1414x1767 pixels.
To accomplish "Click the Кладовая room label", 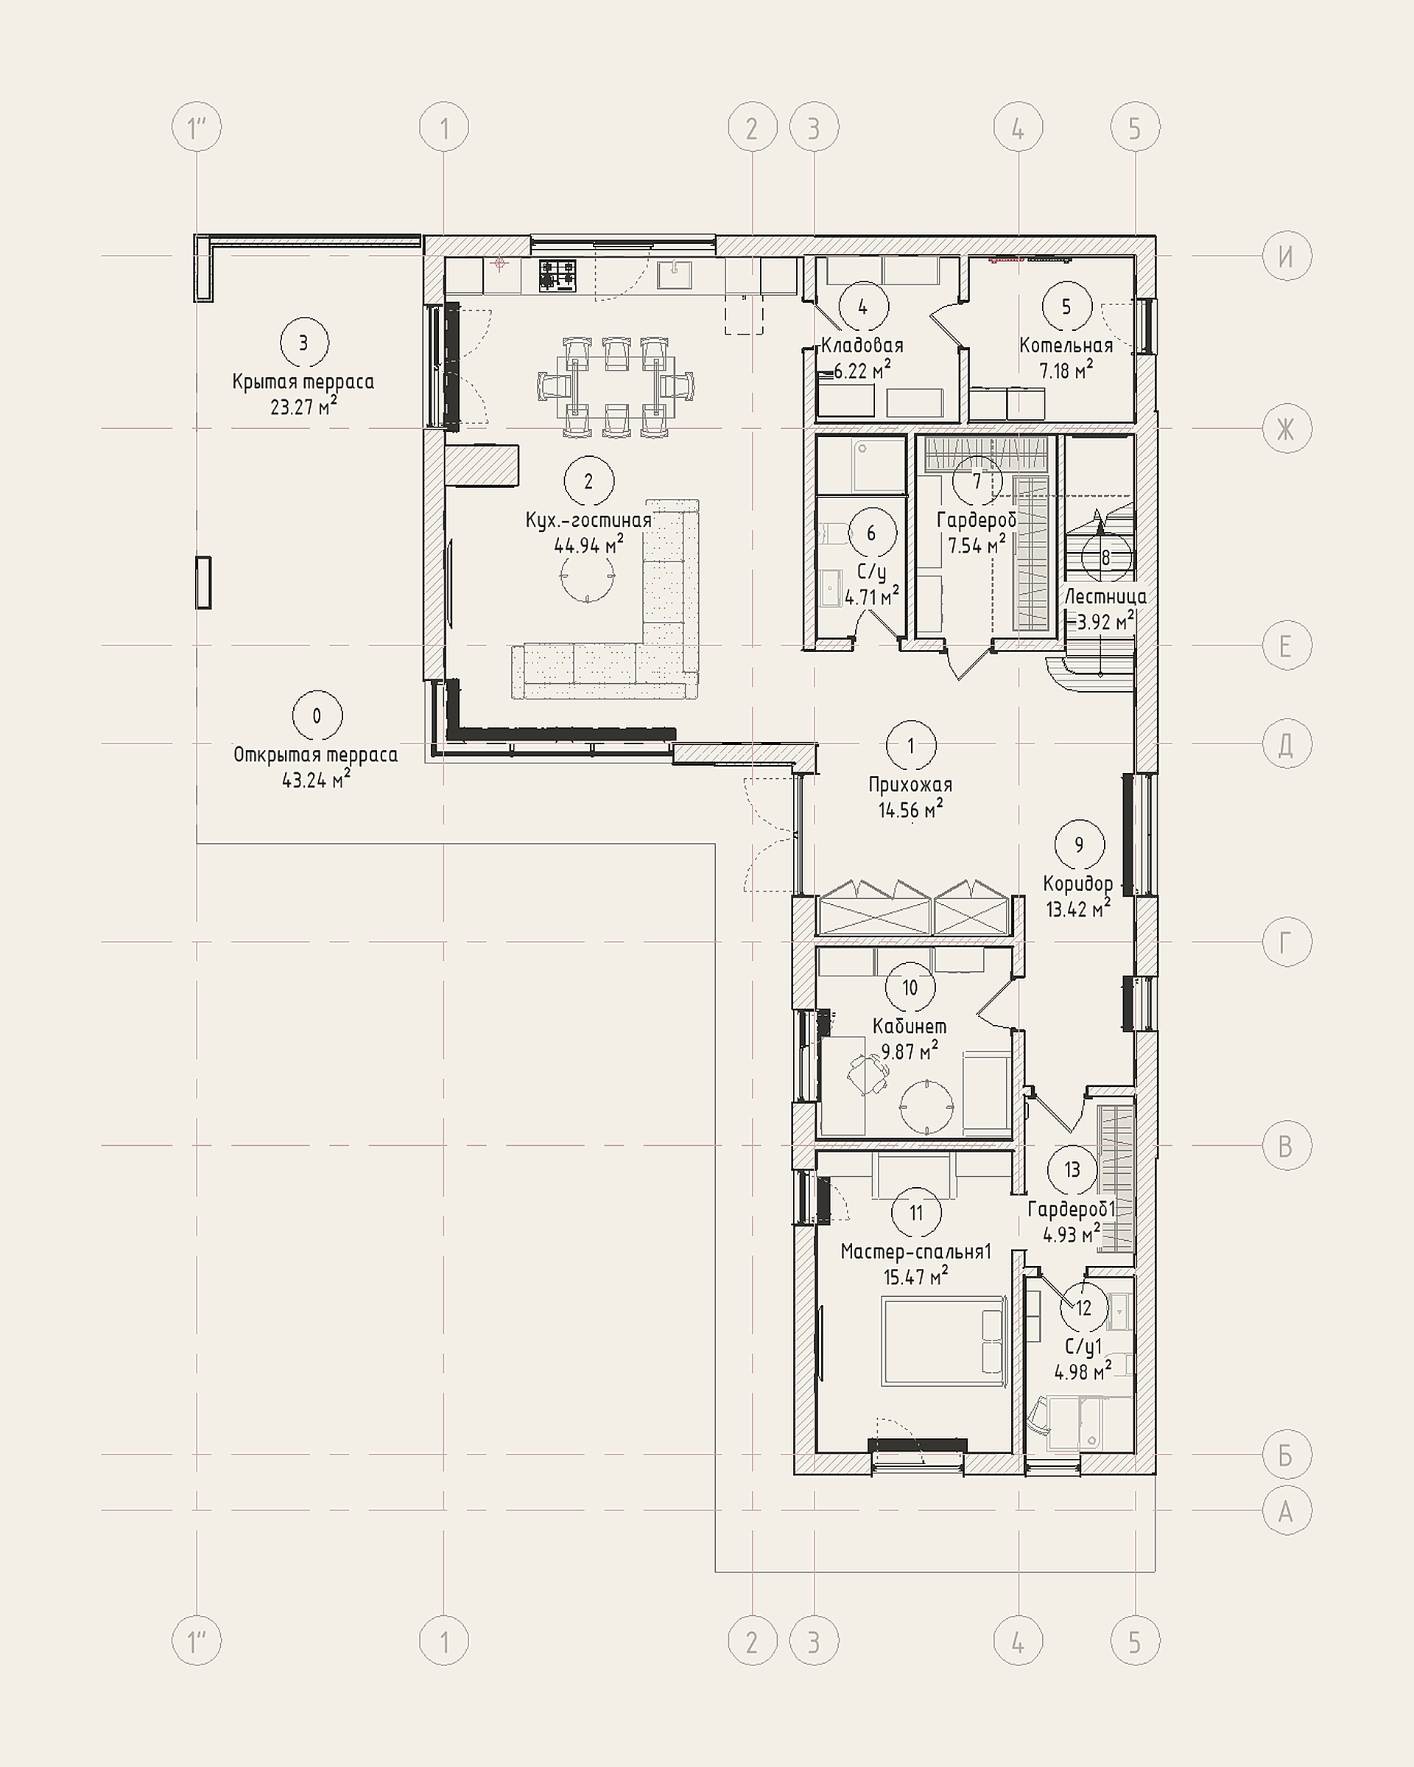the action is pos(862,346).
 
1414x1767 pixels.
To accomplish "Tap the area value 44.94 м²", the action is pos(589,545).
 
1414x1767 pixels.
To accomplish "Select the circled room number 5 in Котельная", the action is pos(1066,307).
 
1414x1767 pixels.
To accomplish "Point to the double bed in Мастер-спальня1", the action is pos(943,1342).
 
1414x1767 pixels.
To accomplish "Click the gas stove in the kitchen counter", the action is pos(557,276).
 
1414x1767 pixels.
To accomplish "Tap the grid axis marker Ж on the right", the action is pos(1286,428).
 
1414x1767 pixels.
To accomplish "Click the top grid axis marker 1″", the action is pos(197,128).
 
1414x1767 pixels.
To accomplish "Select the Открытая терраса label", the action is pos(315,755).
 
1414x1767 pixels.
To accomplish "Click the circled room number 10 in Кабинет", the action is pos(910,987).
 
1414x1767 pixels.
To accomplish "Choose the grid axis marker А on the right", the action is pos(1286,1511).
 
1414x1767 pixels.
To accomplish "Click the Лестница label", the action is pos(1105,597).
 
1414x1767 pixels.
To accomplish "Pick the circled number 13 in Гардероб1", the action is pos(1072,1169).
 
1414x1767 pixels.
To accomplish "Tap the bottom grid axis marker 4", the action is pos(1019,1642).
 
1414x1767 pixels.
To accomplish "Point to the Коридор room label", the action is pos(1078,884).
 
